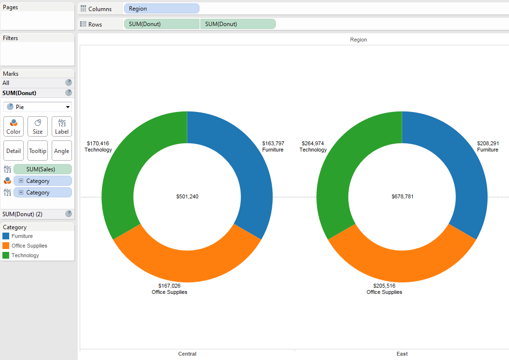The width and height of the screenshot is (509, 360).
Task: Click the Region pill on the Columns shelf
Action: tap(161, 9)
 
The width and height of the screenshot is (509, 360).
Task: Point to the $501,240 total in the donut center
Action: tap(187, 196)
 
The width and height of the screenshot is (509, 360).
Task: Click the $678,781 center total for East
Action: tap(402, 196)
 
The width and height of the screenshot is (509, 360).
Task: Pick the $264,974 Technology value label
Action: tap(313, 143)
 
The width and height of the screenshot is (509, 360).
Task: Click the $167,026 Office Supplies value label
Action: tap(169, 286)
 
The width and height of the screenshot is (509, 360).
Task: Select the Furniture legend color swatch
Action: tap(6, 236)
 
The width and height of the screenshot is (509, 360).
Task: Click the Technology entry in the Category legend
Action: tap(25, 255)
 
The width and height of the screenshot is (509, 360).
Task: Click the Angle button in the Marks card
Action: tap(62, 151)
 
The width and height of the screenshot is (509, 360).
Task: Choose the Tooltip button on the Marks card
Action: tap(38, 151)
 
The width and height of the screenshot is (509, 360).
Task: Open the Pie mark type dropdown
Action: tap(38, 107)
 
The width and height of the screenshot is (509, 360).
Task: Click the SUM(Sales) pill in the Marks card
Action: tap(42, 169)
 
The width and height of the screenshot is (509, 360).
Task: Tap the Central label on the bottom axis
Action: tap(187, 354)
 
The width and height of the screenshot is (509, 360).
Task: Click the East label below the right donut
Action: tap(402, 354)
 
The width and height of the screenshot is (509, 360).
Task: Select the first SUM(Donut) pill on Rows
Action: tap(161, 24)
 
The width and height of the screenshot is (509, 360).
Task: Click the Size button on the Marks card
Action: tap(38, 126)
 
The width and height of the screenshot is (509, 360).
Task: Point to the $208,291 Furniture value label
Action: tap(488, 143)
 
